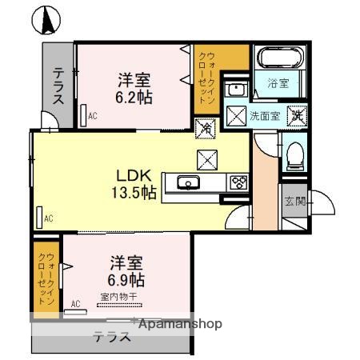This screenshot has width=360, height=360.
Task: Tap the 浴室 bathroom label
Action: click(278, 83)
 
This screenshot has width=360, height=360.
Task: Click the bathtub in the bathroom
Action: click(278, 58)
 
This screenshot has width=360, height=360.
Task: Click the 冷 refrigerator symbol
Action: click(206, 127)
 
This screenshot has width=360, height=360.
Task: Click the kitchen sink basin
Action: click(189, 182)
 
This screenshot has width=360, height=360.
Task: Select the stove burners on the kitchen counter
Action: click(238, 182)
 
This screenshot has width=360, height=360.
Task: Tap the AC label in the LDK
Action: click(49, 217)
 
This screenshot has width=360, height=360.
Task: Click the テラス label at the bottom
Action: click(111, 337)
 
